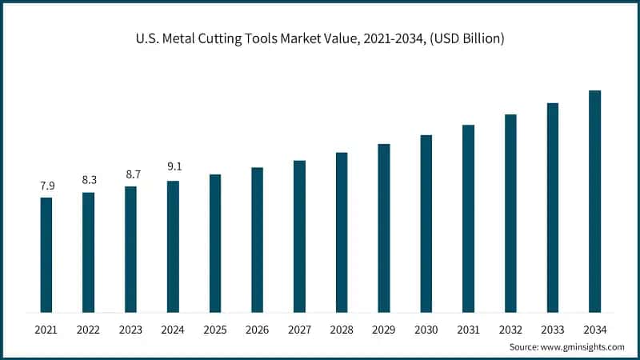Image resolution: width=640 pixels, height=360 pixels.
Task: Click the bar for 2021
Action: coord(46,254)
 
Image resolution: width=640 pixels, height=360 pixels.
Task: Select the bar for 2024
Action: coord(173,246)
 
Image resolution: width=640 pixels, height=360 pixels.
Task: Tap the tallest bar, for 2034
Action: coord(595,201)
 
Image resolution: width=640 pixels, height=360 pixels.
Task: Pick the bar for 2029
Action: coord(384,228)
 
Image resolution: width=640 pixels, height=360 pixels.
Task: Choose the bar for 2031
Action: coord(469,218)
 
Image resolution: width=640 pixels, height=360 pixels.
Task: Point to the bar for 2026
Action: coord(258,239)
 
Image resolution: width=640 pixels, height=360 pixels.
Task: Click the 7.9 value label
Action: coord(46,186)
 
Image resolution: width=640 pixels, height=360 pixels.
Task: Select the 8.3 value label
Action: coord(89,180)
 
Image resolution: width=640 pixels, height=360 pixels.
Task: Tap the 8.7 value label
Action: coord(130,174)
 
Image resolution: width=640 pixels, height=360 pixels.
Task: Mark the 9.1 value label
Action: coord(173,168)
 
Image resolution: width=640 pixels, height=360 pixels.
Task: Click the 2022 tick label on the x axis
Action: coord(89,330)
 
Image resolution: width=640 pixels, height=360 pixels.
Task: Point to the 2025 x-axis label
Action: coord(215,330)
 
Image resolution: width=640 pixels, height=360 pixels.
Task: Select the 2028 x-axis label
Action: coord(342,330)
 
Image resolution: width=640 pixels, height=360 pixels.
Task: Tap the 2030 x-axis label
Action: coord(426,330)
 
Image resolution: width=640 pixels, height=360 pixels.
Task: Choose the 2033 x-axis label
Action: coord(553,330)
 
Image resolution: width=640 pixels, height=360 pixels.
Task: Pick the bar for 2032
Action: coord(510,213)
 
